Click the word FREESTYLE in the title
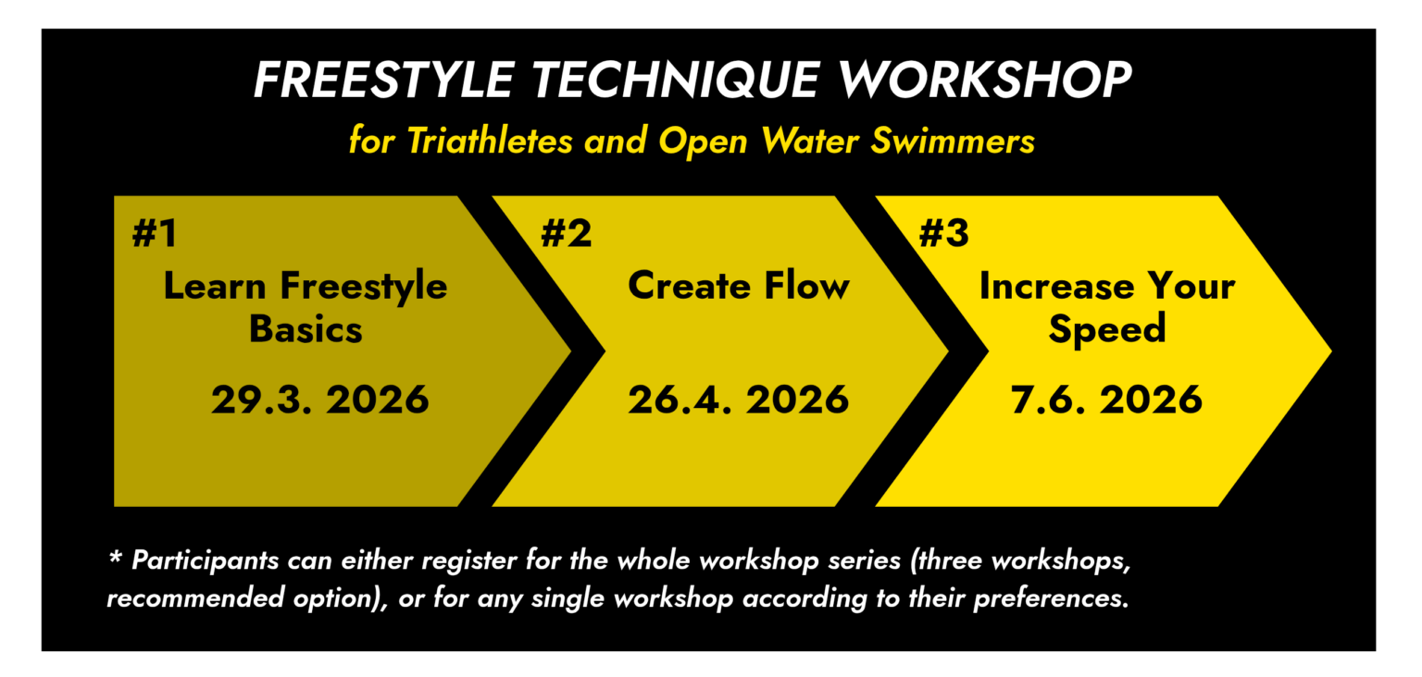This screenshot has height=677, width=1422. click(382, 80)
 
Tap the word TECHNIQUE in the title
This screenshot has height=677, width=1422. click(674, 80)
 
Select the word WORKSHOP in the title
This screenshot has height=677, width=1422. click(984, 80)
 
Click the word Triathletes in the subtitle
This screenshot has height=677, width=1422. click(490, 140)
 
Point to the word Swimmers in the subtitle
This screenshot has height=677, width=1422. click(953, 140)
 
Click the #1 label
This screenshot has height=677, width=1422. click(155, 233)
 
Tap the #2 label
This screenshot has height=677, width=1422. click(567, 233)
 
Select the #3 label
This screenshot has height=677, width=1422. click(944, 233)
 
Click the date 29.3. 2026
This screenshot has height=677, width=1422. click(320, 400)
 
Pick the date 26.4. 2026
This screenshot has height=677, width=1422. click(738, 400)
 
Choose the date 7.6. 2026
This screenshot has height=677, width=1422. click(1106, 400)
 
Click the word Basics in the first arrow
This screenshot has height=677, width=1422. click(306, 329)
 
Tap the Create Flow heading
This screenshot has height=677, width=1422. click(738, 286)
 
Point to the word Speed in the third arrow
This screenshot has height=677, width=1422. click(1107, 330)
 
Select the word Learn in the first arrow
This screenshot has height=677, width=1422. click(215, 286)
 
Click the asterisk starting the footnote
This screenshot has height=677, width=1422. click(115, 557)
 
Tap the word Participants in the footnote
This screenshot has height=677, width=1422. click(205, 561)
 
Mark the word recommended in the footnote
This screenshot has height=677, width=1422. click(195, 598)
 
